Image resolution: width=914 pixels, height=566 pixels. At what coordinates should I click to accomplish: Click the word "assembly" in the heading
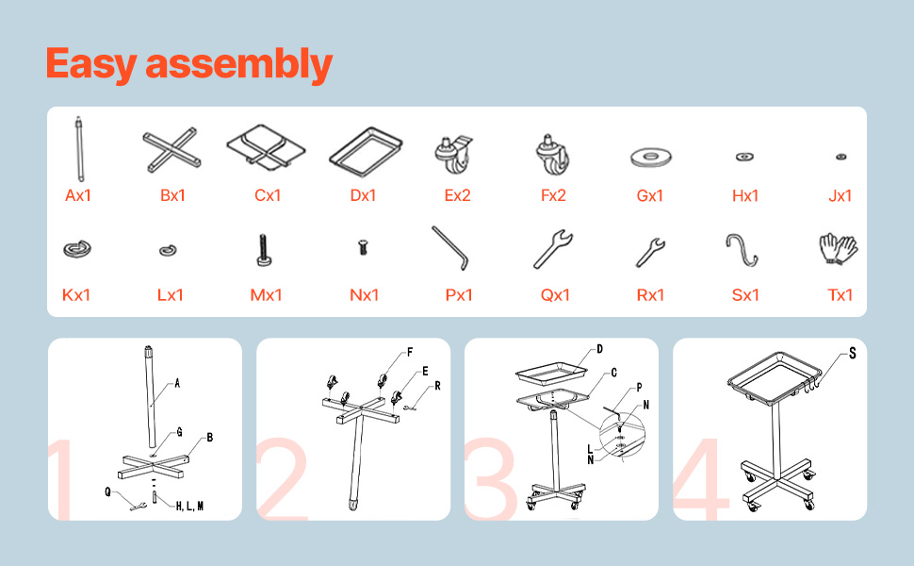coord(239,65)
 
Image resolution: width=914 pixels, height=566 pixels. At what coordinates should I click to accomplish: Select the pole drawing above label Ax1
coord(79,149)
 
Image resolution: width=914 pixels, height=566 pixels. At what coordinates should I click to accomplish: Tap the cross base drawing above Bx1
coord(171,150)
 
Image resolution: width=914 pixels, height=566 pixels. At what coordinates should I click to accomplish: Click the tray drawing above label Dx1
coord(366,152)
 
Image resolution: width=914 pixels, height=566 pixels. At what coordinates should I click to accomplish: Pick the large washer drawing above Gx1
coord(651,157)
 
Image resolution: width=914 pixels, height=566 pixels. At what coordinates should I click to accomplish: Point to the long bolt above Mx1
coord(264,250)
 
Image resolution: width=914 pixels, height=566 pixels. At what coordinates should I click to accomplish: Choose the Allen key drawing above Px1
coord(450,248)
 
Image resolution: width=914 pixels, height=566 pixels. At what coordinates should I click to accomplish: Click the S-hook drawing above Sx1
coord(742,250)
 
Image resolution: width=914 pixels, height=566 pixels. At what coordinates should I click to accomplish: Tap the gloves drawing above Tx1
coord(839,249)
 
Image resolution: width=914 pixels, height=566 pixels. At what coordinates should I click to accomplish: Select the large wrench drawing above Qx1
coord(552,249)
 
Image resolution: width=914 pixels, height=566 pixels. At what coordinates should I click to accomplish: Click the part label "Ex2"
coord(458,195)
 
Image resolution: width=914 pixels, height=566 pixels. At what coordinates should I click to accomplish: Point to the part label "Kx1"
coord(76,294)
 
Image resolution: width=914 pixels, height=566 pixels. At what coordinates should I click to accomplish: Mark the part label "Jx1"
coord(840,195)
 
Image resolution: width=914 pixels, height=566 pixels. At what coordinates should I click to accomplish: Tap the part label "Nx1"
coord(365,294)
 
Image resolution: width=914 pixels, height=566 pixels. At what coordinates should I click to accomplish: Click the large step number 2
coord(283,478)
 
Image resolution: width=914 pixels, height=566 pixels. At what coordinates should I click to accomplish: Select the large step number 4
coord(701,478)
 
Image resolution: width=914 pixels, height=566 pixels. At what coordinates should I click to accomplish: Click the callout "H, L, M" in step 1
coord(190,506)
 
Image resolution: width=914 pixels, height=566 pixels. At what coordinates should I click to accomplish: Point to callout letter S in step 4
coord(852,353)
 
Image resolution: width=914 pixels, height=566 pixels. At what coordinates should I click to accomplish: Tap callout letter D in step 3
coord(600,349)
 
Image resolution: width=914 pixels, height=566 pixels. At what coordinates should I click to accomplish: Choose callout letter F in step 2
coord(410,352)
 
